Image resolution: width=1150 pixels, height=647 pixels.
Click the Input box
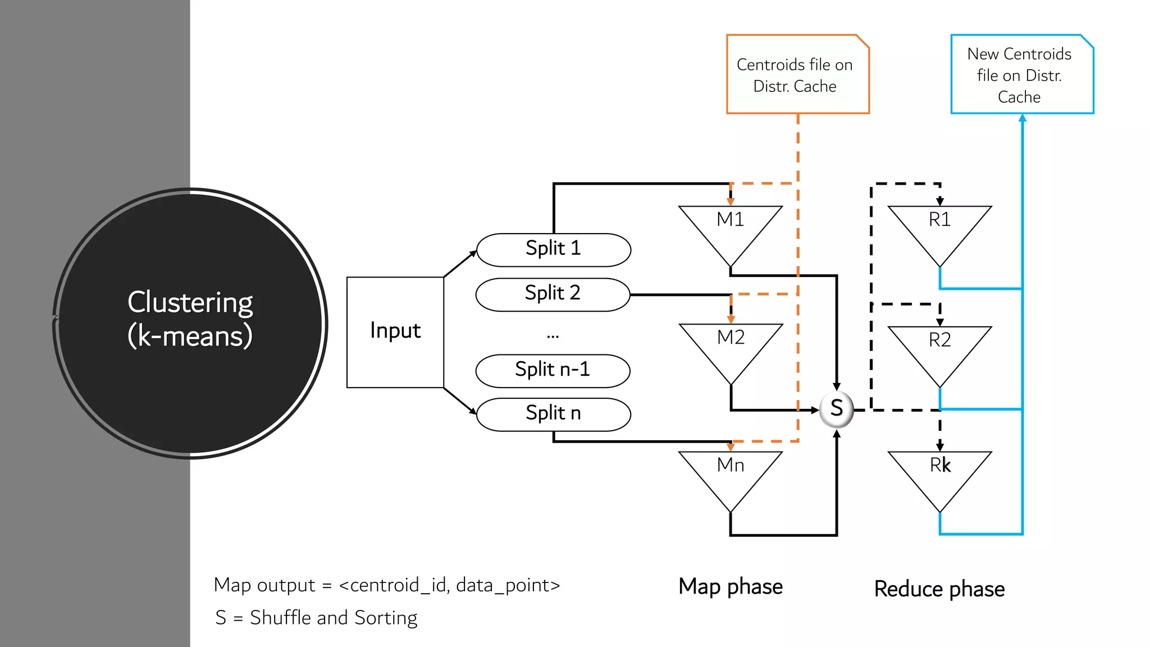point(395,332)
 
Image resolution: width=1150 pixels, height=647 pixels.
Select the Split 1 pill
point(553,249)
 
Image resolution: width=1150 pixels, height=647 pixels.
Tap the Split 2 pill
point(553,294)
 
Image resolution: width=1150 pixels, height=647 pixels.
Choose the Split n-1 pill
point(553,371)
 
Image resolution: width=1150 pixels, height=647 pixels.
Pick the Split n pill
point(553,414)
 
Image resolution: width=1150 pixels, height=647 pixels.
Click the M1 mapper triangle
point(730,227)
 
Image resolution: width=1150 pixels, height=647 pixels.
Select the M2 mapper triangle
point(731,345)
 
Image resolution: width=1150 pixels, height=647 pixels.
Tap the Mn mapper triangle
point(730,473)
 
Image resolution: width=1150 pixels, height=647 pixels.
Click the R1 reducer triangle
point(939,227)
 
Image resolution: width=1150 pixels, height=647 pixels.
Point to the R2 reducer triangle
point(939,348)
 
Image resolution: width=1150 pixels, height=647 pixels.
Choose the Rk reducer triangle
point(939,473)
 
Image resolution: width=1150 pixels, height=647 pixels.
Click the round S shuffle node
point(836,409)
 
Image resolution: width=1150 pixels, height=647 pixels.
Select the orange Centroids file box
point(797,75)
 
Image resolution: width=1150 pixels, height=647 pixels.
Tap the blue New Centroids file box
point(1021,75)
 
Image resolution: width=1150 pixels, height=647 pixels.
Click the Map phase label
point(730,586)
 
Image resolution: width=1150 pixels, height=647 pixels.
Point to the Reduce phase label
point(939,589)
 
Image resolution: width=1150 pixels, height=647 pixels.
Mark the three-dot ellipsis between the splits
point(553,336)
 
